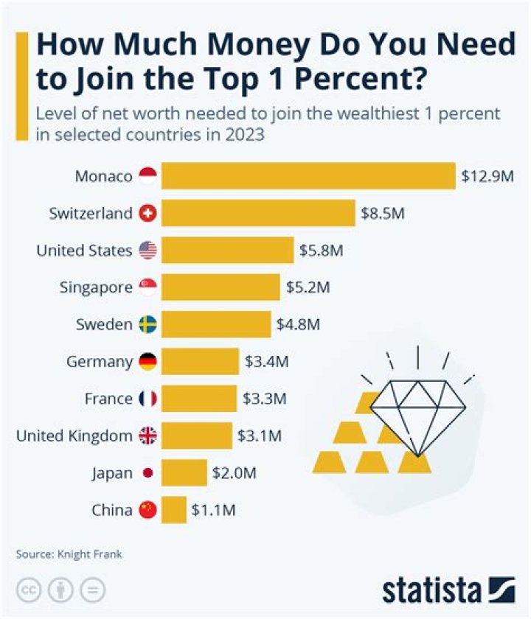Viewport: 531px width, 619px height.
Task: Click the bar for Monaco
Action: [x=308, y=177]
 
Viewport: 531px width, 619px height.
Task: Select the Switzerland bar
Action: [x=258, y=214]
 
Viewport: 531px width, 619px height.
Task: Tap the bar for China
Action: [x=174, y=510]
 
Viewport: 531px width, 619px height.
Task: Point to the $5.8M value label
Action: [x=322, y=251]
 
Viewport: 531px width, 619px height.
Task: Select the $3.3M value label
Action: [x=265, y=399]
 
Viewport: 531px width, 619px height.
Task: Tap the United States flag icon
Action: [x=147, y=251]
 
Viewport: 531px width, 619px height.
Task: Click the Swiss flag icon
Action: [x=147, y=214]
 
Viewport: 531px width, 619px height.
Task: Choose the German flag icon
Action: [x=147, y=362]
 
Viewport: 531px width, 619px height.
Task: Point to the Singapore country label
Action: [x=96, y=288]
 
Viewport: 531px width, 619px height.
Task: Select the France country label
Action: [x=108, y=399]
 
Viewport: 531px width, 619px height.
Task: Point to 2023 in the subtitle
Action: [x=247, y=136]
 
